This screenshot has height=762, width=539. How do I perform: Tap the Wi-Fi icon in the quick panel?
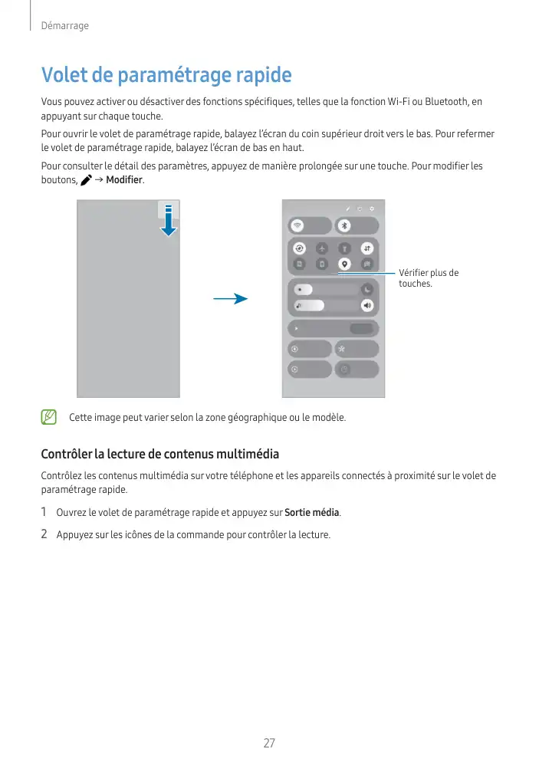pyautogui.click(x=298, y=225)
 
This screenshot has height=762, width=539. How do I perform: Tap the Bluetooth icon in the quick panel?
pyautogui.click(x=345, y=225)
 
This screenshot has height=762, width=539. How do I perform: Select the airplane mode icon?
pyautogui.click(x=323, y=248)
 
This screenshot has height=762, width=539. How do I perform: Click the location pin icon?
pyautogui.click(x=345, y=263)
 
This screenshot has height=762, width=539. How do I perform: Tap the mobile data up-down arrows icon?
pyautogui.click(x=367, y=248)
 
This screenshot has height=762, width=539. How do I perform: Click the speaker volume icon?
pyautogui.click(x=367, y=305)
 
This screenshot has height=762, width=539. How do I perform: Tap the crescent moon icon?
pyautogui.click(x=368, y=290)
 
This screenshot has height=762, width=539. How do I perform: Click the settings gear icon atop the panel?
pyautogui.click(x=372, y=208)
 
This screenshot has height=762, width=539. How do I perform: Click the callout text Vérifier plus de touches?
pyautogui.click(x=428, y=278)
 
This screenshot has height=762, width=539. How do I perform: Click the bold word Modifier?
pyautogui.click(x=124, y=179)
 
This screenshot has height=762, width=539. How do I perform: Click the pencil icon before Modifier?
pyautogui.click(x=85, y=179)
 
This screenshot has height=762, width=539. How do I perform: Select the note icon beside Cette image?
pyautogui.click(x=49, y=418)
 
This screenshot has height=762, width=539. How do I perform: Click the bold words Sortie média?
pyautogui.click(x=311, y=512)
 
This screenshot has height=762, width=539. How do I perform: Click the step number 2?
pyautogui.click(x=44, y=534)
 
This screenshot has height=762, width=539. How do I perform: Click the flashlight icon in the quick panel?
pyautogui.click(x=345, y=248)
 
